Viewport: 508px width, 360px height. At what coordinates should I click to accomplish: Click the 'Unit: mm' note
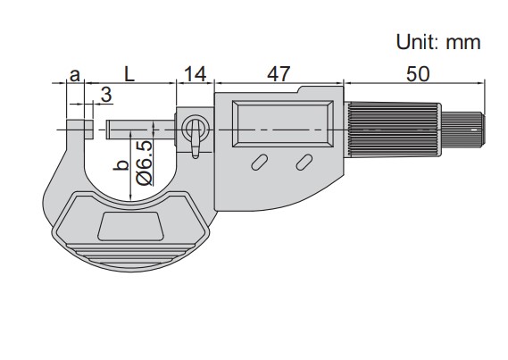(438, 42)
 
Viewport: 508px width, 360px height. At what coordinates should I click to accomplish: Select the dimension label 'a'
(75, 75)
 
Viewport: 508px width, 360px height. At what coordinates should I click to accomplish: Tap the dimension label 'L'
(129, 74)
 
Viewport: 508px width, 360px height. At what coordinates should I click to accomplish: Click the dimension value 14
(195, 74)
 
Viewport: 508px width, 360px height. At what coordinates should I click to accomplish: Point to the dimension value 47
(279, 74)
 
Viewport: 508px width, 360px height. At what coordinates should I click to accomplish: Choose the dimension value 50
(418, 74)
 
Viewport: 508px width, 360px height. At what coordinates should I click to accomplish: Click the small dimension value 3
(106, 95)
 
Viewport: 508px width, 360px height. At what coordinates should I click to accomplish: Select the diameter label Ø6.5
(144, 163)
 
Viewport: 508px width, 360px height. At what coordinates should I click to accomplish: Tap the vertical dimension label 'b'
(121, 165)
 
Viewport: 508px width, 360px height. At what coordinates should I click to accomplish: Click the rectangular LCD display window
(282, 123)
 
